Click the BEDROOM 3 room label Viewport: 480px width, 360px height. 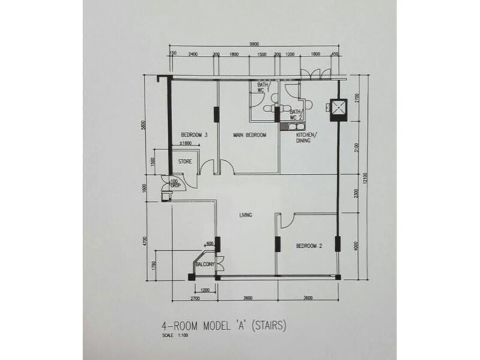pyautogui.click(x=193, y=135)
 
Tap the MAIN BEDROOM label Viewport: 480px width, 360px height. pyautogui.click(x=250, y=135)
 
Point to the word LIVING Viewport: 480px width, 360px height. pyautogui.click(x=245, y=215)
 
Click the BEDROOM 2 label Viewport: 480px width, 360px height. pyautogui.click(x=308, y=245)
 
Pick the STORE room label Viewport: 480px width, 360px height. pyautogui.click(x=184, y=161)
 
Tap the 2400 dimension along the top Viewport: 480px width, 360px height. pyautogui.click(x=193, y=54)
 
